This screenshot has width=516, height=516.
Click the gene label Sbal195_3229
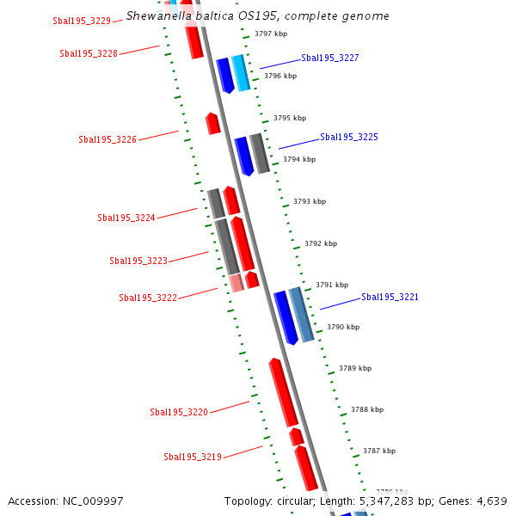82,21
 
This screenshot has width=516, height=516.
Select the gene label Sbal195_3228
89,53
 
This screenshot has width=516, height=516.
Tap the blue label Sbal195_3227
330,58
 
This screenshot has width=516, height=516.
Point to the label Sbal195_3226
107,139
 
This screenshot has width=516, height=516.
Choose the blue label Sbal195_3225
349,137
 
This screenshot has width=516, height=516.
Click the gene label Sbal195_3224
126,218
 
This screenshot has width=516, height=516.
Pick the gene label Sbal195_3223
138,261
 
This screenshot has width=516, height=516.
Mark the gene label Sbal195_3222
148,298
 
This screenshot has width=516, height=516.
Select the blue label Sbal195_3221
390,297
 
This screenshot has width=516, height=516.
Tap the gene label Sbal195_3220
179,412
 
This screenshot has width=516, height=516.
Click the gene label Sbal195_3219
193,457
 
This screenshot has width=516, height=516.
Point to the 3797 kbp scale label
271,34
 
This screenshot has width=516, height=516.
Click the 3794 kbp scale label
299,159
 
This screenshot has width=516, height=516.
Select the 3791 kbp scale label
332,285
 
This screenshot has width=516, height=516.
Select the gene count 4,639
491,501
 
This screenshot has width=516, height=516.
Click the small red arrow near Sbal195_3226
212,123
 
